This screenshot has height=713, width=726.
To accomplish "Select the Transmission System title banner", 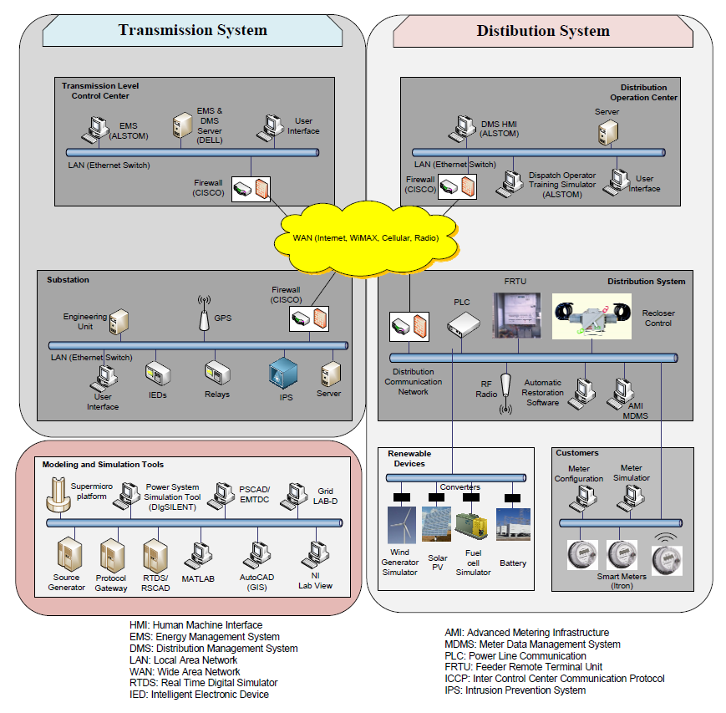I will click(x=193, y=30).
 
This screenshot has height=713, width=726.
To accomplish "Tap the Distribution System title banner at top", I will click(x=543, y=31).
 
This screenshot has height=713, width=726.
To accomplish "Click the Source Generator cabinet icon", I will click(x=69, y=554).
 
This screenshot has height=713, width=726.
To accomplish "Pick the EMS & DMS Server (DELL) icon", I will click(x=180, y=125).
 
